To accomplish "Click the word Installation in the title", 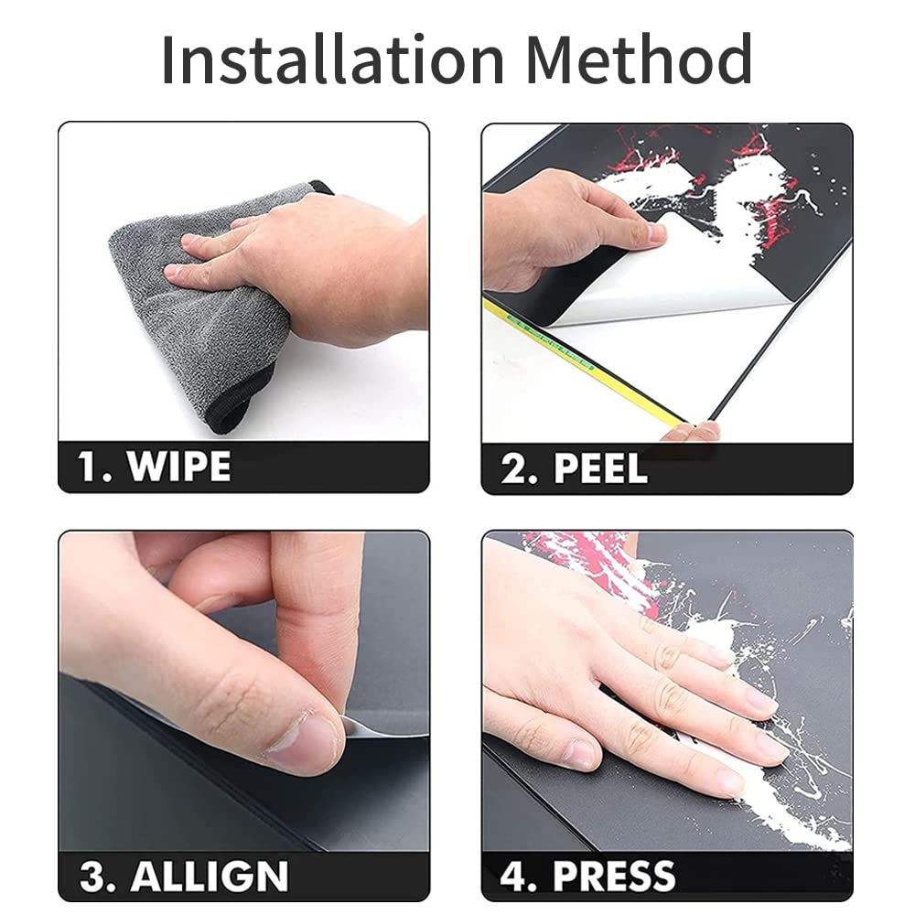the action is coord(332,59).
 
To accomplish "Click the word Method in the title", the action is coord(639,59).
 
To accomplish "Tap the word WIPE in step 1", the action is coord(179,467).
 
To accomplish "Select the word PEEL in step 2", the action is coord(601,468).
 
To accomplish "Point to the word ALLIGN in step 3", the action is coord(210,877).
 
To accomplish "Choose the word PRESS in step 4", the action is coord(615,877).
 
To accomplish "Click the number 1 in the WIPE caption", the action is coord(88,467).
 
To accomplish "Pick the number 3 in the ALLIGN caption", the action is coord(91,877).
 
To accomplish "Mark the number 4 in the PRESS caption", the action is coord(513,877).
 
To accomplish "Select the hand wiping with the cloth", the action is coord(297,268).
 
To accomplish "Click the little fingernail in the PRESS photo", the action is coord(581,754).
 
